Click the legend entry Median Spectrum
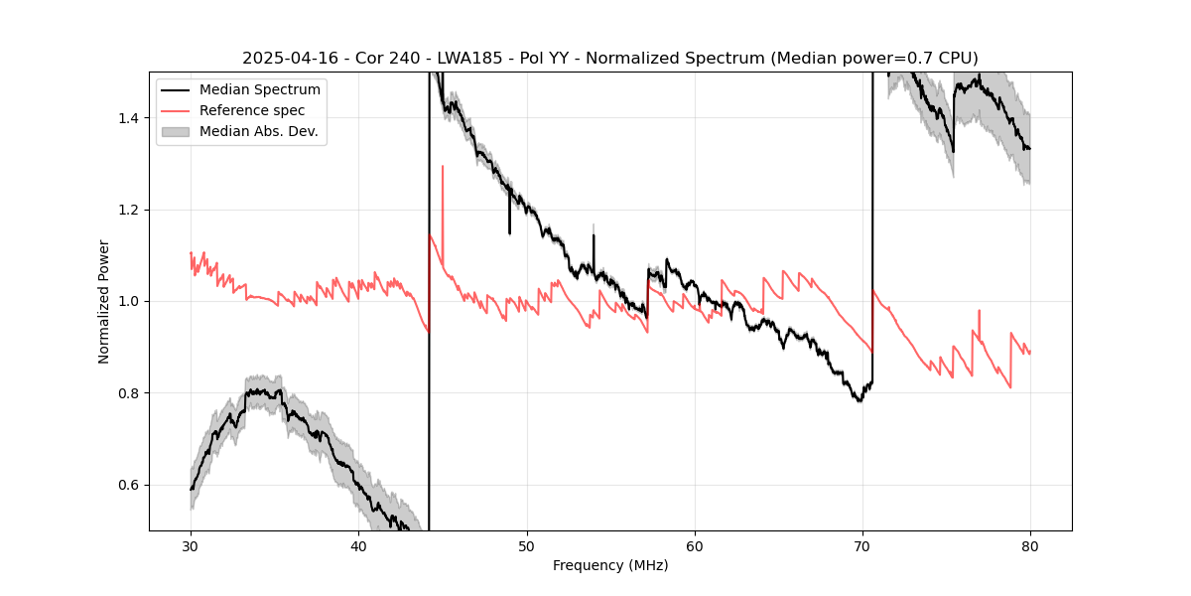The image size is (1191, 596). [x=259, y=90]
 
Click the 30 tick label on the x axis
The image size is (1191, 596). [x=191, y=545]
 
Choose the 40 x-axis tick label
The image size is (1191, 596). [x=358, y=545]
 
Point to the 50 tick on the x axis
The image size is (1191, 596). [x=527, y=545]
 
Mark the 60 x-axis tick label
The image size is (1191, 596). [x=695, y=545]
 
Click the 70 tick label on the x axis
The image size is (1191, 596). [x=862, y=545]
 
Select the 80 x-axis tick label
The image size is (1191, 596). [x=1030, y=545]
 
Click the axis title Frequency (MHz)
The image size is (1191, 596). [x=610, y=565]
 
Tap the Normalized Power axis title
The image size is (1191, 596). [x=104, y=301]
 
